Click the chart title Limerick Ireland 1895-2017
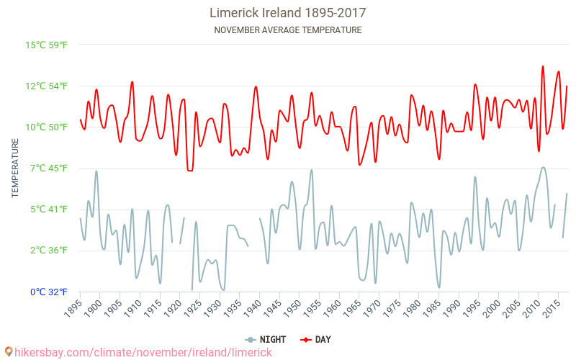pos(287,13)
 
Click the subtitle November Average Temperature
pos(287,30)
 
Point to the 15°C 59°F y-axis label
pos(47,45)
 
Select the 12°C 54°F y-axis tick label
pos(47,86)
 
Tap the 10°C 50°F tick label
pos(47,127)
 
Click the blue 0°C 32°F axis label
pos(49,292)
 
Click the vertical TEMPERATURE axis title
pos(15,168)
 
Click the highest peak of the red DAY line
pos(543,66)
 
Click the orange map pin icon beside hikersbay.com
pos(8,352)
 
